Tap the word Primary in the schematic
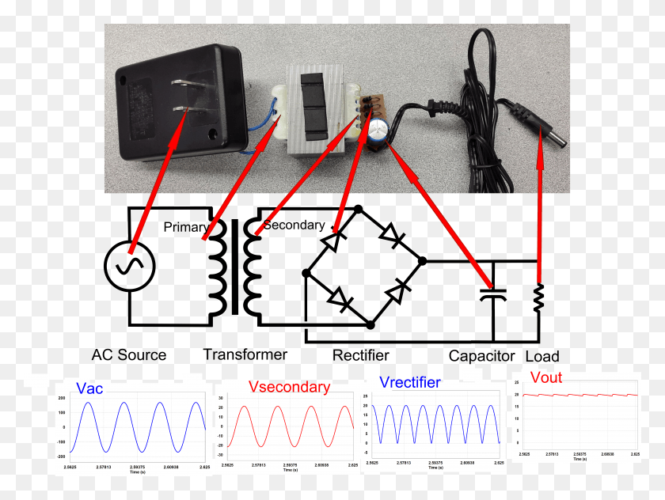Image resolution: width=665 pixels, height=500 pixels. (x=186, y=227)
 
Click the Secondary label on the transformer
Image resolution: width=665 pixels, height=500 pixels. (x=294, y=225)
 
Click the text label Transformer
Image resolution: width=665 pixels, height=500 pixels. (x=245, y=354)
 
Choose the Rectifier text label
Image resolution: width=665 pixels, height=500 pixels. (x=360, y=355)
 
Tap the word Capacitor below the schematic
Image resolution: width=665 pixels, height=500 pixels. (x=481, y=356)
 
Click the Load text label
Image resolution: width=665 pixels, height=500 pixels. (x=542, y=356)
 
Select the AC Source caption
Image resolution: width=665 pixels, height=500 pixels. (x=129, y=354)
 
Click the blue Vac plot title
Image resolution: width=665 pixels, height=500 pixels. (x=89, y=388)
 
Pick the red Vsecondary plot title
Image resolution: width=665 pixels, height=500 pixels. (x=289, y=387)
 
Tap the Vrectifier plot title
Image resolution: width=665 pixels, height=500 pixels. (x=409, y=382)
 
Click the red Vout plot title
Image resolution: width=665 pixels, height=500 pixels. (x=545, y=377)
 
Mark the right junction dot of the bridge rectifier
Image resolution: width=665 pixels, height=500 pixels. (x=422, y=260)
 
